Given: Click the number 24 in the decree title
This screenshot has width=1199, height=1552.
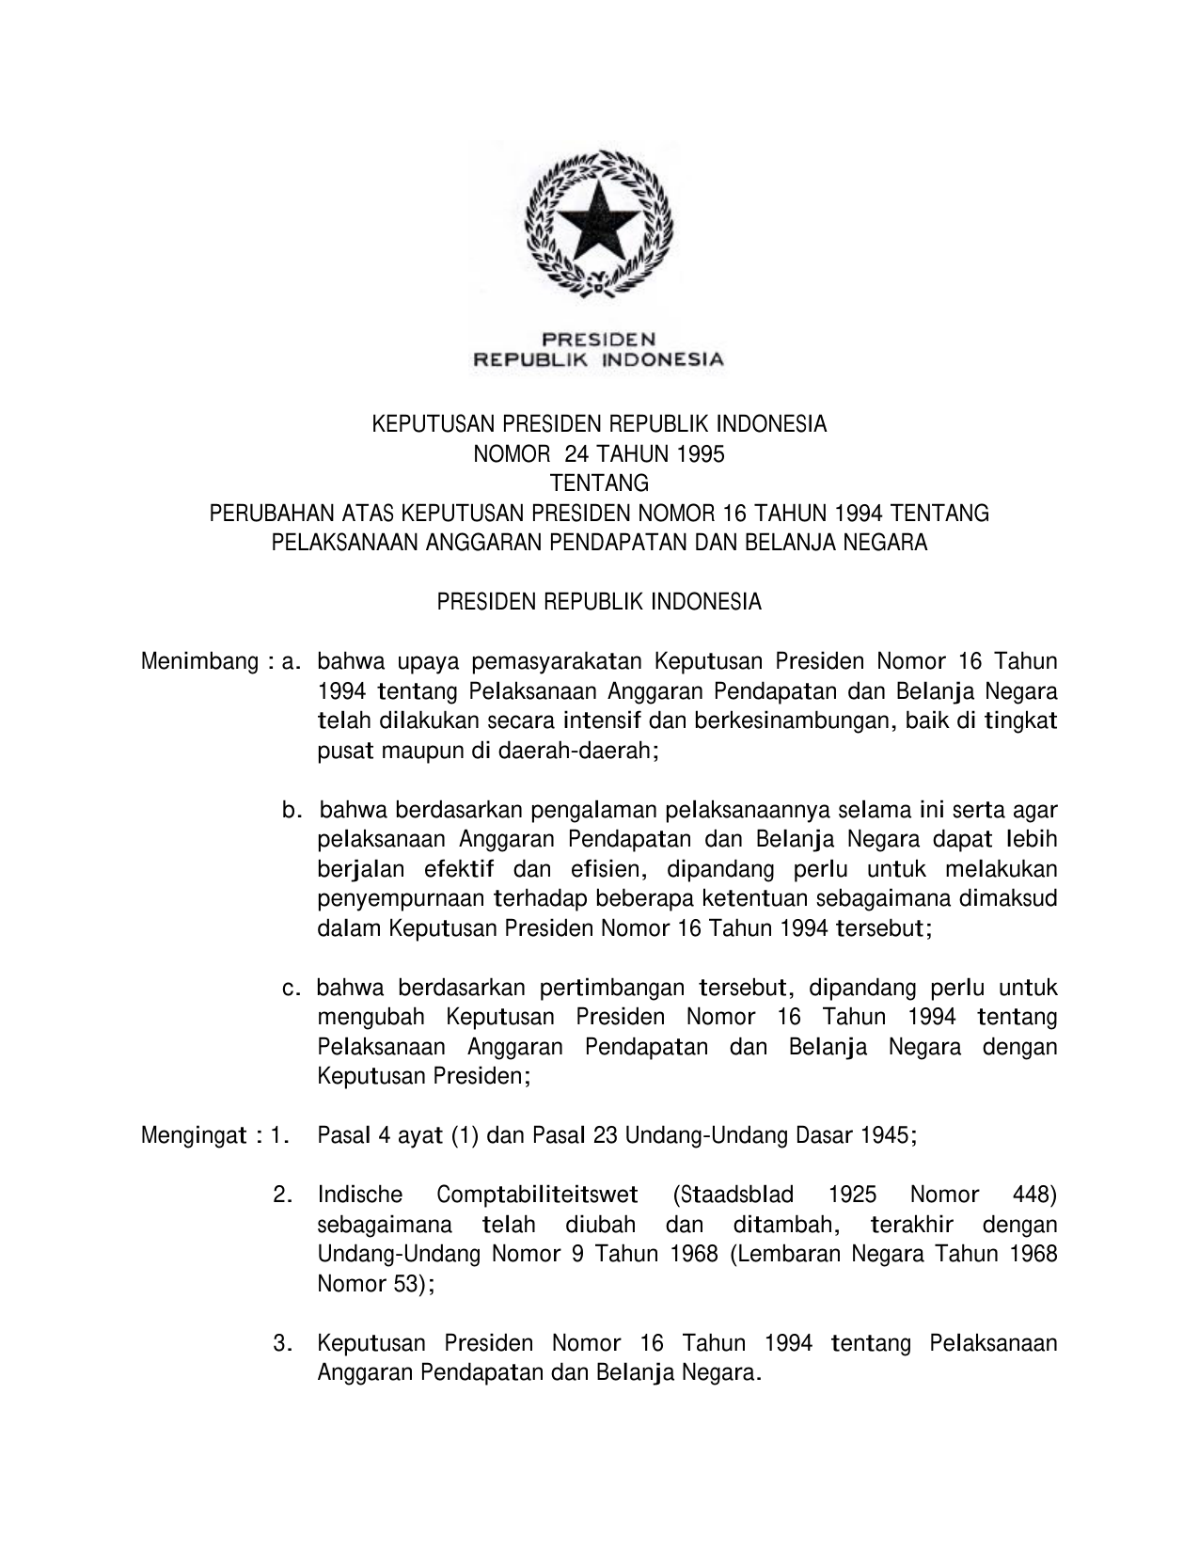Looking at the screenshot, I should (x=575, y=454).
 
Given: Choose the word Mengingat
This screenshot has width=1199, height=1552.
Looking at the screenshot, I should (x=195, y=1135).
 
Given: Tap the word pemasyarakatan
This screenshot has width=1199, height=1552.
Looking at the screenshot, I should (x=557, y=661).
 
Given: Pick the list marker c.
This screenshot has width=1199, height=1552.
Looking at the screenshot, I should (x=292, y=988).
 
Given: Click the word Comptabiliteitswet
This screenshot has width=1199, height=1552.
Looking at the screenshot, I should (x=537, y=1195).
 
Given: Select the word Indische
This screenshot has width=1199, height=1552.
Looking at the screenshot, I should (x=360, y=1195).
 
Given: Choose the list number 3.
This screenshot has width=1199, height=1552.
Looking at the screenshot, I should (x=280, y=1343).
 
